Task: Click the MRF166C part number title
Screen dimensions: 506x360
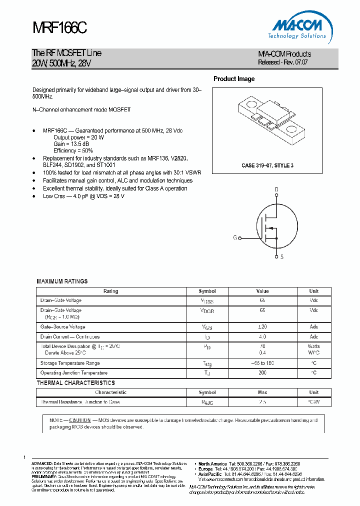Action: [x=59, y=28]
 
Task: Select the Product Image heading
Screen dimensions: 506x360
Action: [x=234, y=79]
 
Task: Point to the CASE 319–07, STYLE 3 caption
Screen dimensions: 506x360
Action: [x=267, y=165]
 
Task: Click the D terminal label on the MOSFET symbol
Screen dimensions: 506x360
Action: [x=276, y=189]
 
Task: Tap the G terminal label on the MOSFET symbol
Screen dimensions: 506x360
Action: [x=234, y=238]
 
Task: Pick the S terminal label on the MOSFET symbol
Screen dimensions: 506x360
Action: [x=281, y=256]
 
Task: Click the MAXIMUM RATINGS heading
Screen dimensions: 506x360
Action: [x=62, y=281]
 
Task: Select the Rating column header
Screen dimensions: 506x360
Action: [x=111, y=291]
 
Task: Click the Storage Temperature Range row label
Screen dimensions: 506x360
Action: [x=70, y=363]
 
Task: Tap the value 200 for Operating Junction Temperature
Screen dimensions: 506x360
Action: [x=262, y=373]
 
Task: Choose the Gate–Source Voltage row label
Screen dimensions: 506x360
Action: [x=63, y=326]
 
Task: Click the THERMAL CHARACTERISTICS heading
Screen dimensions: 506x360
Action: [x=75, y=383]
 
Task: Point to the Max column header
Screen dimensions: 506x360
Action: [x=262, y=392]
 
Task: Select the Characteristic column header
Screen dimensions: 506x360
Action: [x=111, y=392]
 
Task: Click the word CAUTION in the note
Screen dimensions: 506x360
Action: [x=80, y=420]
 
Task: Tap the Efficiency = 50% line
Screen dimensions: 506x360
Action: [x=73, y=150]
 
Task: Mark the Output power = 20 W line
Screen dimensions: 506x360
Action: [x=79, y=137]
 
